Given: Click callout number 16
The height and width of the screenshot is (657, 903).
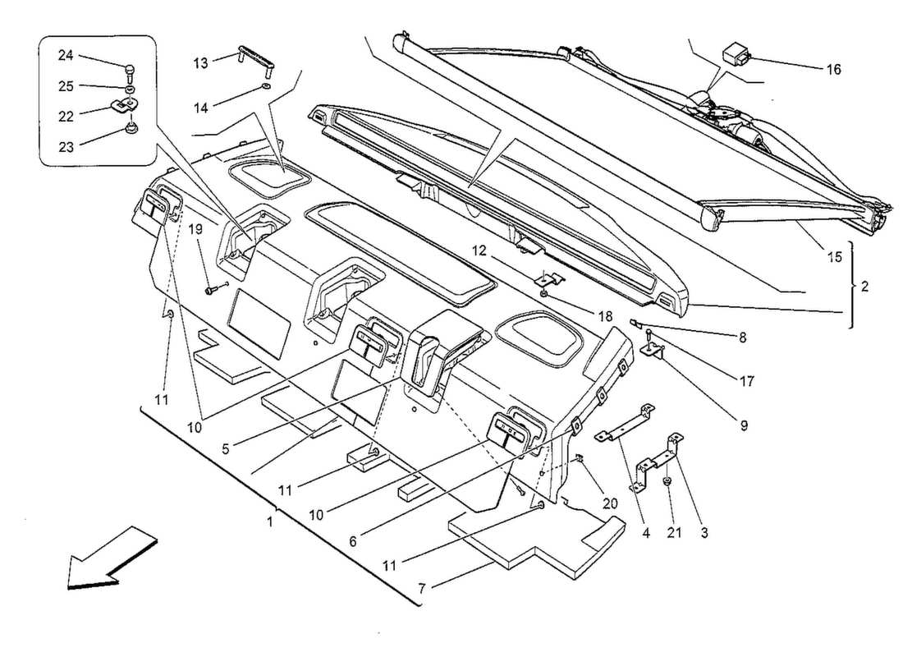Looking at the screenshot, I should [833, 70].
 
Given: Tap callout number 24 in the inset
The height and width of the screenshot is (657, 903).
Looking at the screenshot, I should [66, 55].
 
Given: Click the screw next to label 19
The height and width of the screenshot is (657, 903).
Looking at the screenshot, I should [215, 287].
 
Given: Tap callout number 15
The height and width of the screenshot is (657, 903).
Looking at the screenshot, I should [834, 257].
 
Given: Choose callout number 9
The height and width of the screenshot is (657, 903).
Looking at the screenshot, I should [744, 425].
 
